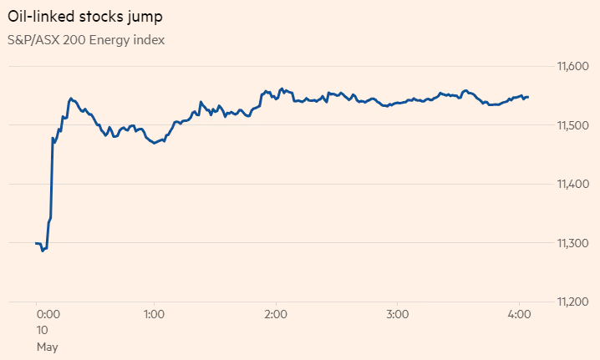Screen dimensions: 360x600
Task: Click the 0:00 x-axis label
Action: [x=48, y=315]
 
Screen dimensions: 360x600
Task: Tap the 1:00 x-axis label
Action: [x=153, y=315]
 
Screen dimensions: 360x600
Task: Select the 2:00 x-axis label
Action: [x=276, y=315]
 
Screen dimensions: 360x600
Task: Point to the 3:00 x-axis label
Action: [x=398, y=315]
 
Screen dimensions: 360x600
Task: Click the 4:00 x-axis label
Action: [x=520, y=315]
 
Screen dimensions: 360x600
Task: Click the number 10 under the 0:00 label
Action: [x=43, y=330]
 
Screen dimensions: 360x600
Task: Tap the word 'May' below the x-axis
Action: [x=47, y=346]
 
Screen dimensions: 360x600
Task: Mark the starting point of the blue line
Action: [x=36, y=243]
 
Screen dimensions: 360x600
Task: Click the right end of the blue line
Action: [x=528, y=97]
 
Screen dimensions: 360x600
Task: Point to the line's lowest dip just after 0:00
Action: [x=43, y=251]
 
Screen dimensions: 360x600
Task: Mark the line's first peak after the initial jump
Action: [x=71, y=99]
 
